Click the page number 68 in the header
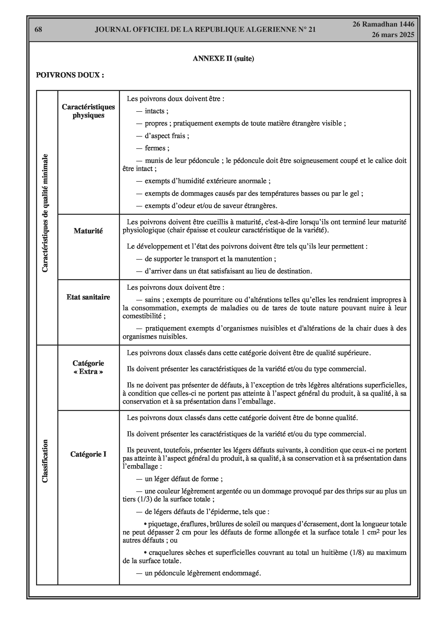pyautogui.click(x=38, y=30)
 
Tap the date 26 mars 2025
pyautogui.click(x=393, y=35)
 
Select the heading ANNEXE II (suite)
pyautogui.click(x=223, y=59)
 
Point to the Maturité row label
pyautogui.click(x=88, y=231)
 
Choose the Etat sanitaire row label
pyautogui.click(x=88, y=297)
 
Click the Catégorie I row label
pyautogui.click(x=88, y=454)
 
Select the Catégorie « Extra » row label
pyautogui.click(x=88, y=367)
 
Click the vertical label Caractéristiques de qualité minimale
pyautogui.click(x=45, y=213)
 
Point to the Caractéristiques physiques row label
pyautogui.click(x=88, y=111)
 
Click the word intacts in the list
pyautogui.click(x=155, y=111)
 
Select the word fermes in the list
pyautogui.click(x=155, y=148)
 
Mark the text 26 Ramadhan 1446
pyautogui.click(x=383, y=24)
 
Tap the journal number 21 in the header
pyautogui.click(x=312, y=30)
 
